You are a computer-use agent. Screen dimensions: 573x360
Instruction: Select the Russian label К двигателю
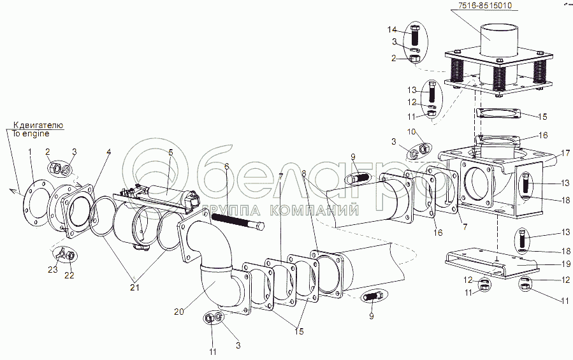pos(38,126)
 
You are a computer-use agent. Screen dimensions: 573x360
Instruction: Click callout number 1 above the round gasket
pos(31,151)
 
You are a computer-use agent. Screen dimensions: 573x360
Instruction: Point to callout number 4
pos(108,151)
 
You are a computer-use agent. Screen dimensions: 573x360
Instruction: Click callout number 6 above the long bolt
pos(226,167)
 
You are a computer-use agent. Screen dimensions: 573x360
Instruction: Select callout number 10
pos(412,131)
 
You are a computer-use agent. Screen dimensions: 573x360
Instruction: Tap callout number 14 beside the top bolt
pos(392,29)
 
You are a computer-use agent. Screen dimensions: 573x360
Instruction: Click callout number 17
pos(566,153)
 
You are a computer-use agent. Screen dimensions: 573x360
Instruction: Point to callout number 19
pos(566,264)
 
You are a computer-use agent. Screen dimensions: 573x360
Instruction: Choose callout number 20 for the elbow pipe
pos(178,312)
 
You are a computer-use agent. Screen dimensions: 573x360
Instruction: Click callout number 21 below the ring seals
pos(135,287)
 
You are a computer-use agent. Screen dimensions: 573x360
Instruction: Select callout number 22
pos(69,275)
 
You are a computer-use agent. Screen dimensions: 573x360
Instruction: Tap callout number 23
pos(53,270)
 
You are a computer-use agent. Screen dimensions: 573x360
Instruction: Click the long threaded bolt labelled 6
pos(238,222)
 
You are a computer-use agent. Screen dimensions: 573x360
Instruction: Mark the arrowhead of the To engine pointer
pos(11,190)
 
